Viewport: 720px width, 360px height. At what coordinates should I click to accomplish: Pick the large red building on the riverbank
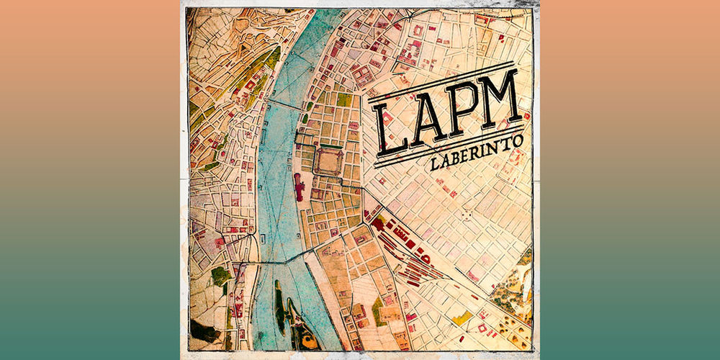299,186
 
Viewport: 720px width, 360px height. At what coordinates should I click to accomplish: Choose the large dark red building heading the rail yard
377,224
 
